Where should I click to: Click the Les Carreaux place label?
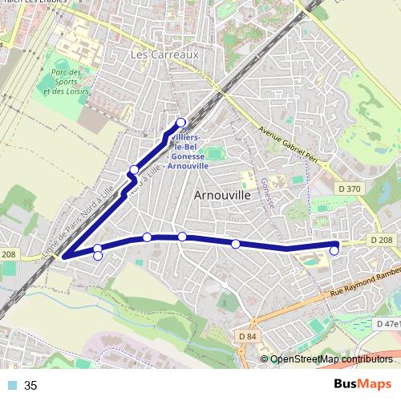coord(163,55)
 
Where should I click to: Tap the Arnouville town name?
coord(223,195)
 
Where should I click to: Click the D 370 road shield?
coord(350,188)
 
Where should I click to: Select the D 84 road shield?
coord(249,336)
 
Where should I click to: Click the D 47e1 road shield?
coord(388,324)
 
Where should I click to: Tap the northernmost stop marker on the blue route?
coord(180,123)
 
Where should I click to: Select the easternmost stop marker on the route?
coord(334,251)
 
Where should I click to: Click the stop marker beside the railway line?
coord(133,169)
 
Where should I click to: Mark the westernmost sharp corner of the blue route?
coord(63,257)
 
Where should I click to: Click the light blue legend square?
coord(12,386)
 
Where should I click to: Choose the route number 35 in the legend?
coord(31,386)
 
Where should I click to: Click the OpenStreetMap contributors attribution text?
coord(331,359)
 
